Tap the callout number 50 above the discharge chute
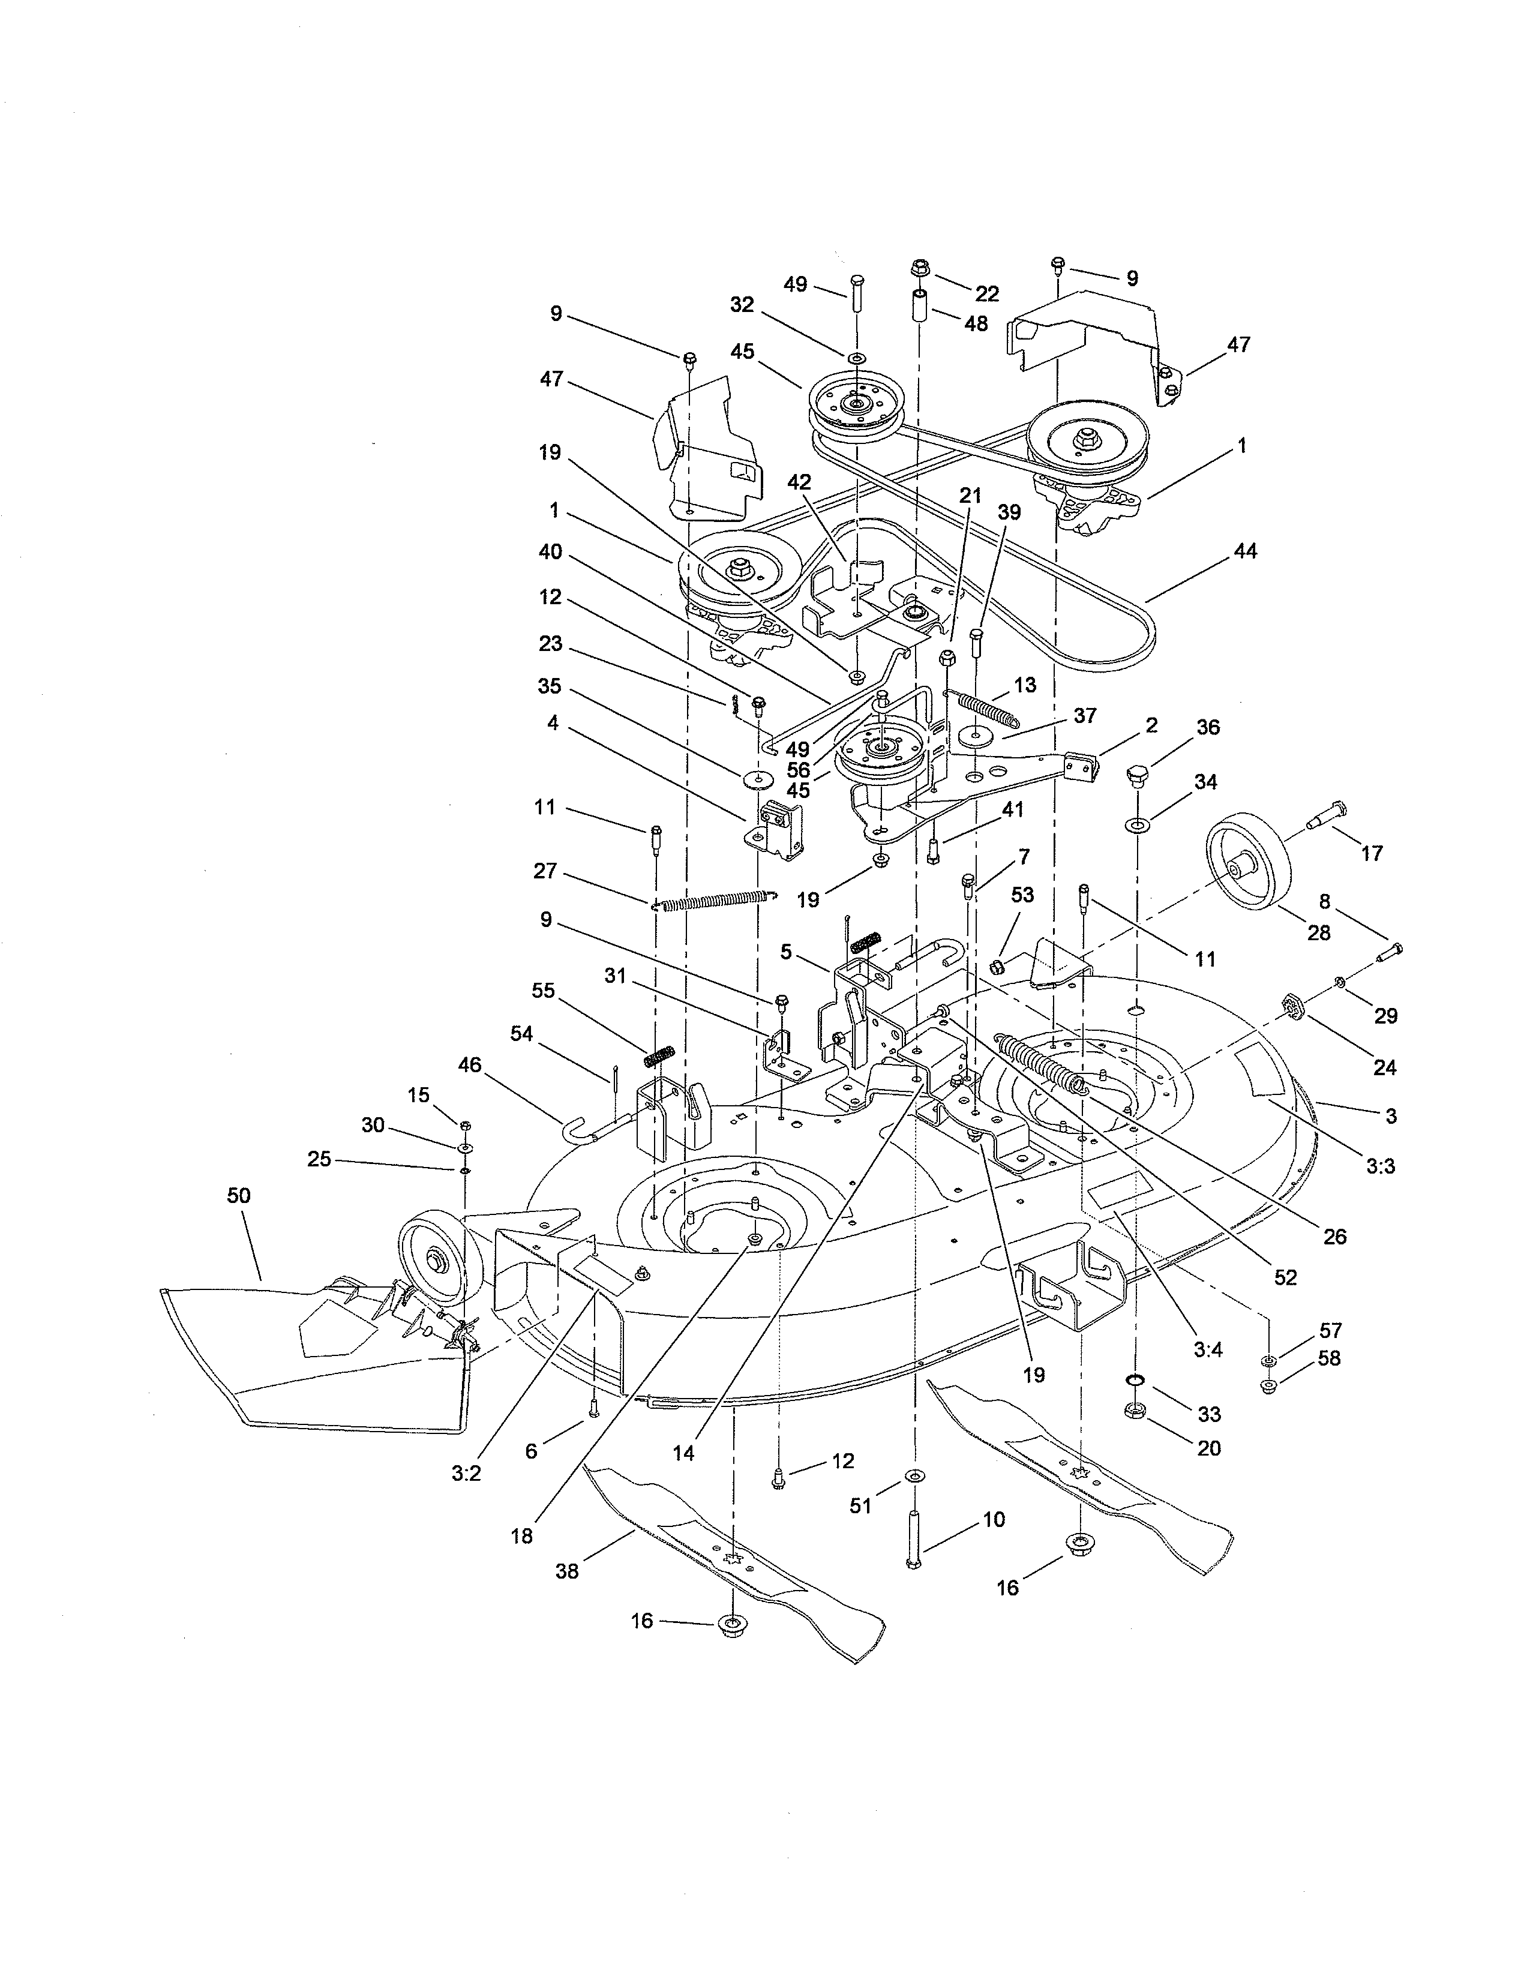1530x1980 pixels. pos(238,1196)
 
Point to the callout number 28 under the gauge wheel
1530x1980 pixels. pos(1319,932)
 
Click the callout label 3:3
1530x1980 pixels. pos(1381,1167)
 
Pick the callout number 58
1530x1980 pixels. pos(1330,1384)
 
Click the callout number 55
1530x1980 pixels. pos(543,991)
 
